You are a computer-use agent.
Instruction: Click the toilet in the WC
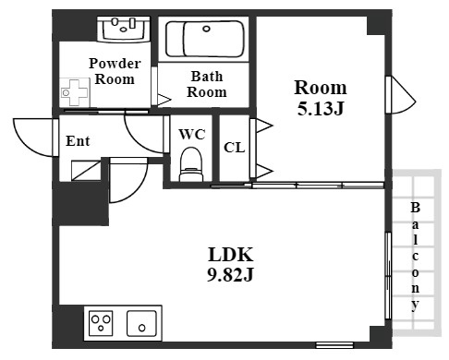[191, 164]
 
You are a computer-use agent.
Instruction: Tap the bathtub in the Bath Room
[205, 39]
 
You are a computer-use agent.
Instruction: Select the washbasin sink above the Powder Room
[124, 29]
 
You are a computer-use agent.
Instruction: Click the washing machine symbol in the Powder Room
[75, 92]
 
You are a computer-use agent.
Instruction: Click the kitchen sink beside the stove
[141, 323]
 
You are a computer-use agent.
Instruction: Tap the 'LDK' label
[231, 255]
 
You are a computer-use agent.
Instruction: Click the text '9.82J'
[230, 275]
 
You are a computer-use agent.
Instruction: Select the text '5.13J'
[321, 108]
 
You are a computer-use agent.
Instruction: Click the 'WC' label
[192, 135]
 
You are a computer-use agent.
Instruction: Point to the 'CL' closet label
[235, 148]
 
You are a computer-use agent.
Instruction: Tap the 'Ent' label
[78, 141]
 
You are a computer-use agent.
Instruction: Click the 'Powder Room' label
[115, 71]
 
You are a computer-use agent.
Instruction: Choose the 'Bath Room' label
[207, 84]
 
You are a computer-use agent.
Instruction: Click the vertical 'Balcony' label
[415, 257]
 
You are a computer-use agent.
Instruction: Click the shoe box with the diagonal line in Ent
[86, 170]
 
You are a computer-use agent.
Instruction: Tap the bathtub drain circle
[206, 29]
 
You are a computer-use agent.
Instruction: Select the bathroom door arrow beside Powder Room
[164, 100]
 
